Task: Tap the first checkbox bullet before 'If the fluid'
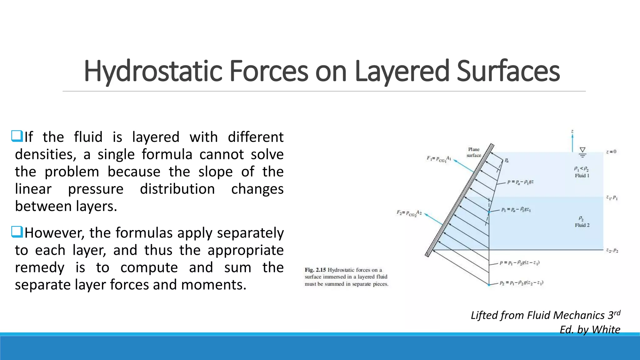pyautogui.click(x=17, y=136)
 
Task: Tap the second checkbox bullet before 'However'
pyautogui.click(x=17, y=232)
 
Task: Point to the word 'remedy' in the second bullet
pyautogui.click(x=40, y=267)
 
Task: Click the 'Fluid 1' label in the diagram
pyautogui.click(x=582, y=176)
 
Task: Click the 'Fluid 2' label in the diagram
pyautogui.click(x=582, y=225)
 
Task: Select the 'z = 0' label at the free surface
pyautogui.click(x=611, y=152)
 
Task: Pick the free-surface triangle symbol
pyautogui.click(x=582, y=150)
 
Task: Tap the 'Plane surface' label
pyautogui.click(x=474, y=152)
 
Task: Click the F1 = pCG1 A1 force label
pyautogui.click(x=439, y=159)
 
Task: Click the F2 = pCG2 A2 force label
pyautogui.click(x=409, y=213)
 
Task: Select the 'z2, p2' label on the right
pyautogui.click(x=612, y=250)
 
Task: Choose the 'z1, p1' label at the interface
pyautogui.click(x=612, y=197)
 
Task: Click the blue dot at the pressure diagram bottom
pyautogui.click(x=489, y=285)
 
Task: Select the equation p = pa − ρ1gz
pyautogui.click(x=520, y=182)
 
